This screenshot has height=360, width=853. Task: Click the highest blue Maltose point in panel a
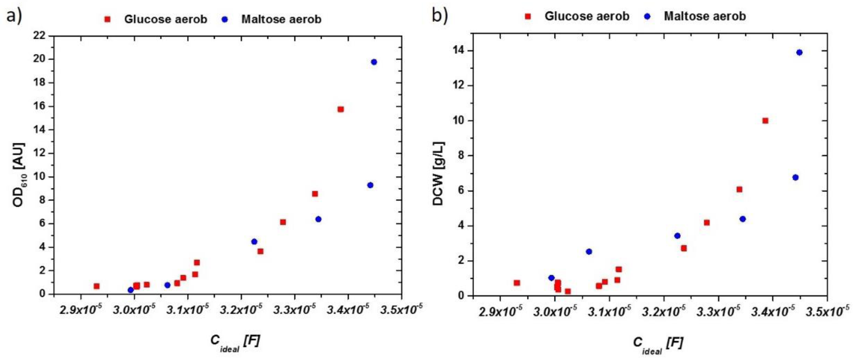pyautogui.click(x=374, y=62)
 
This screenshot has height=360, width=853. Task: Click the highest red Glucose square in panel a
pyautogui.click(x=340, y=109)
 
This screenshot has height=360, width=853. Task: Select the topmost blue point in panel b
pyautogui.click(x=799, y=52)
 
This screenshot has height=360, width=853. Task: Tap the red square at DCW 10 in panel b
pyautogui.click(x=765, y=121)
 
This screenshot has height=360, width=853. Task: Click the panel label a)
pyautogui.click(x=14, y=15)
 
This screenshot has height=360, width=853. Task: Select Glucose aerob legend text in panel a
pyautogui.click(x=166, y=19)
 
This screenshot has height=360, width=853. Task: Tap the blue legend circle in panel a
pyautogui.click(x=225, y=19)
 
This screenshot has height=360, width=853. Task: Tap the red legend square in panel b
pyautogui.click(x=528, y=16)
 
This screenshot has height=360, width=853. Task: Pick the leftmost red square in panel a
pyautogui.click(x=96, y=286)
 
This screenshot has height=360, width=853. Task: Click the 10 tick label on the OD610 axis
pyautogui.click(x=39, y=176)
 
